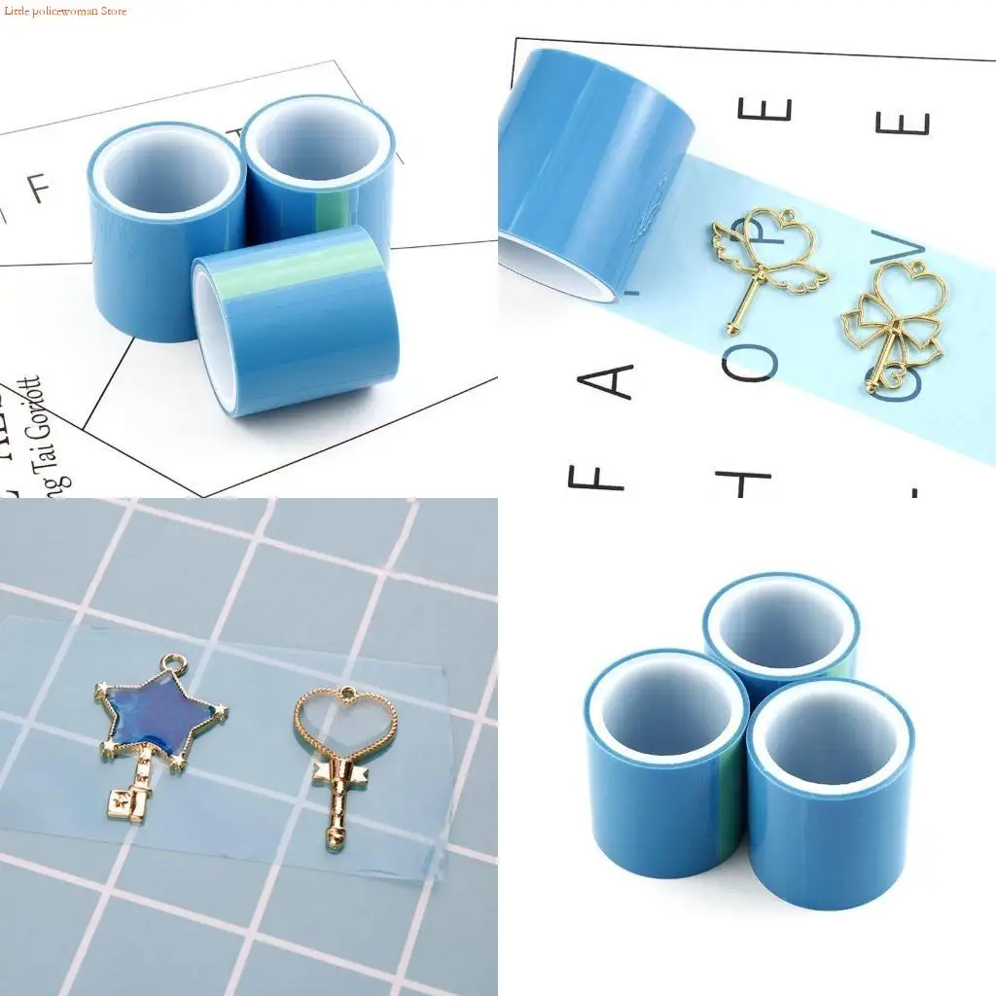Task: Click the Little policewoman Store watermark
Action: point(64,11)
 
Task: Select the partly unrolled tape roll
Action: point(593,175)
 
